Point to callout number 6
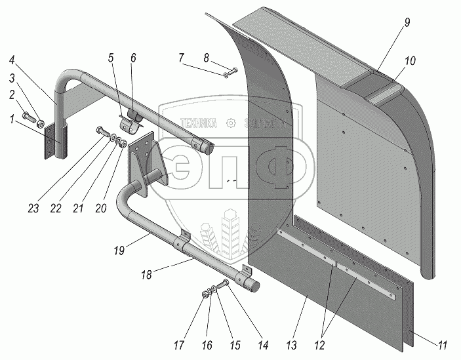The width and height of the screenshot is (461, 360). coord(133,58)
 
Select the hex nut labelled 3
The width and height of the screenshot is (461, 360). coord(41,123)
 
